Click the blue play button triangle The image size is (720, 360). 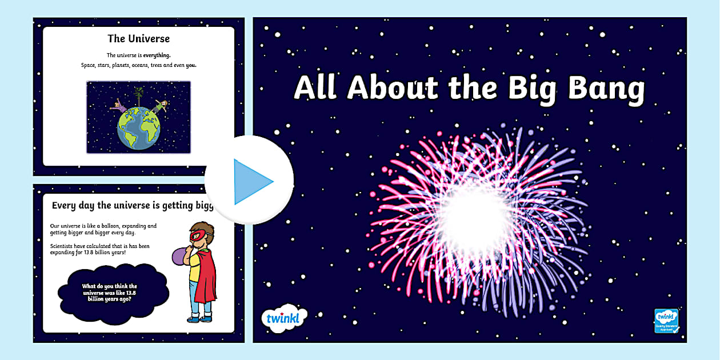pyautogui.click(x=251, y=182)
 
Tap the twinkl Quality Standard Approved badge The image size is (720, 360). pyautogui.click(x=666, y=321)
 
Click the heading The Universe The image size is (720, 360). pyautogui.click(x=138, y=39)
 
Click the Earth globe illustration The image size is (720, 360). pyautogui.click(x=138, y=128)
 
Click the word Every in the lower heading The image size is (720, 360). pyautogui.click(x=65, y=205)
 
